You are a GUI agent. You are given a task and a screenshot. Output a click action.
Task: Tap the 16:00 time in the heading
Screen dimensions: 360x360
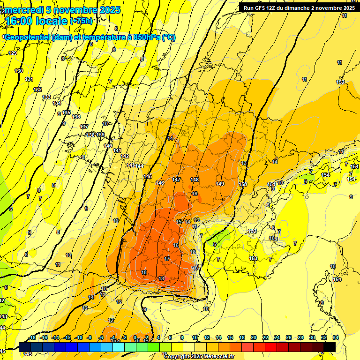[x=19, y=21]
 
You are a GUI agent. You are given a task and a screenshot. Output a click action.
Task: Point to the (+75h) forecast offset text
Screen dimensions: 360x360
[x=81, y=21]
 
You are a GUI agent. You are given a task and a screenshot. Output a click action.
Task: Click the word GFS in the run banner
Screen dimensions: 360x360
[x=261, y=8]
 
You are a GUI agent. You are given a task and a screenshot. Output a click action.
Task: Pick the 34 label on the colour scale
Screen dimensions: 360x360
[x=336, y=337]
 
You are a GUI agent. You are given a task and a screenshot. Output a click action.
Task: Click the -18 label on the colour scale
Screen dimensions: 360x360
[x=32, y=337]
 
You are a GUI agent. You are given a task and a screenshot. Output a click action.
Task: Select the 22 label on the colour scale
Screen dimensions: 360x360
[x=265, y=337]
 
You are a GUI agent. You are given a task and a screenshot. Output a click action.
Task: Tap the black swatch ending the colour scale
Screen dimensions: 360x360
[x=329, y=346]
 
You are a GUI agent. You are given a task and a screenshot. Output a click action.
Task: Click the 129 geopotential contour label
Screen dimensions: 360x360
[x=13, y=53]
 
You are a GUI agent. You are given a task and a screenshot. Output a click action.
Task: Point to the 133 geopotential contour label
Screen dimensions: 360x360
[x=46, y=97]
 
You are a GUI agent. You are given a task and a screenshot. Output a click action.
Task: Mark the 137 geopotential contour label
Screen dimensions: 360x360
[x=84, y=127]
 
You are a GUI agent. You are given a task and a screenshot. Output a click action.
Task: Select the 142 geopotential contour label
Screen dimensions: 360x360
[x=125, y=156]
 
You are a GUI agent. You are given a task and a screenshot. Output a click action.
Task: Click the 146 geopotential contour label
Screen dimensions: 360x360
[x=160, y=183]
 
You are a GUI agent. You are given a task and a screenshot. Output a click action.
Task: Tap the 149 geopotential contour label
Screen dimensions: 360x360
[x=220, y=184]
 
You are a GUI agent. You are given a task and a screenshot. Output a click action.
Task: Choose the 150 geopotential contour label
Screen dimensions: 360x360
[x=243, y=184]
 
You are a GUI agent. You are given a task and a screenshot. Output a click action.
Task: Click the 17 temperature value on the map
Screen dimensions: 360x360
[x=167, y=259]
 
